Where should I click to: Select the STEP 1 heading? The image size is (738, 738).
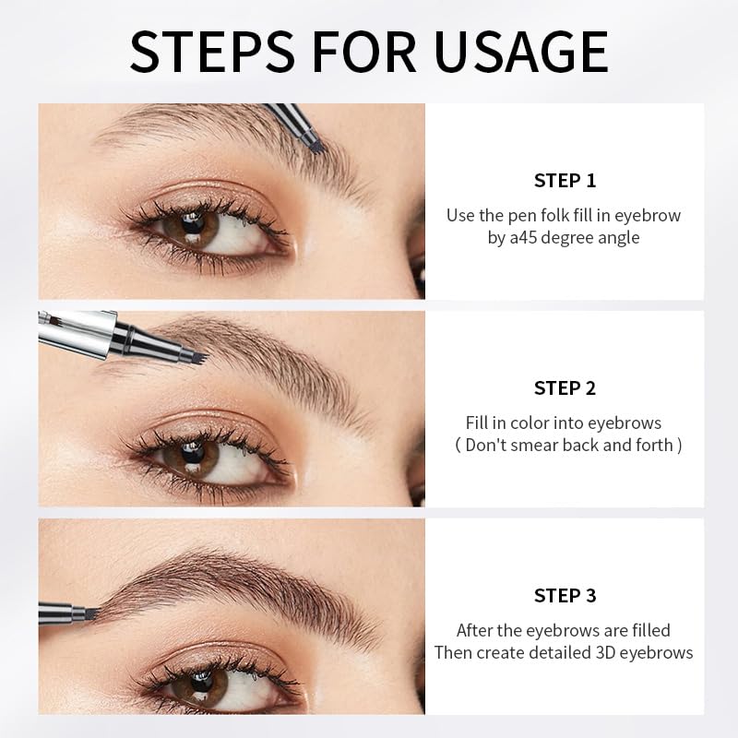coord(565,180)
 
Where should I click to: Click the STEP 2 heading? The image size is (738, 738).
coord(565,387)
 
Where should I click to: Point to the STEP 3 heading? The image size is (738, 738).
coord(565,595)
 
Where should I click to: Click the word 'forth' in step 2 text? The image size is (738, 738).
coord(659,446)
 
